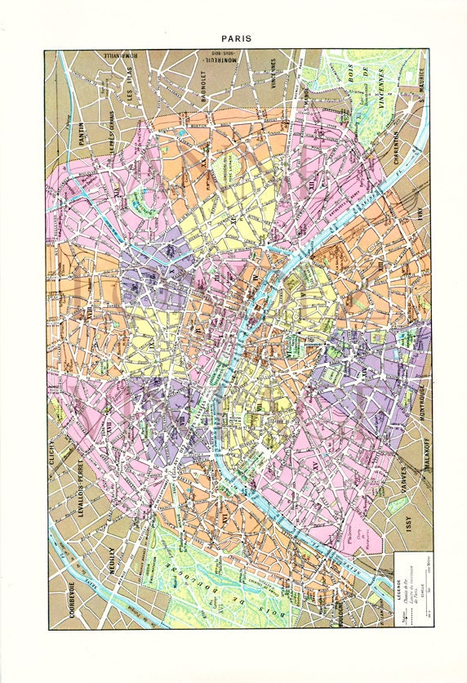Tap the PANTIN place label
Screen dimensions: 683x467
[x=82, y=131]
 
